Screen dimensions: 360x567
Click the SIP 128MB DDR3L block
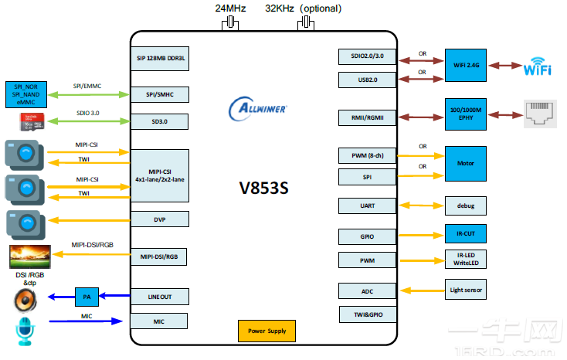click(159, 58)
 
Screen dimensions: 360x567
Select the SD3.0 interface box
click(159, 121)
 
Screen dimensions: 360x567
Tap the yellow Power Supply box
click(267, 331)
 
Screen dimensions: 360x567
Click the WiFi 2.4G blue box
click(466, 66)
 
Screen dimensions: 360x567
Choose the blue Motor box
click(466, 164)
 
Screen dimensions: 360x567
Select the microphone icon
click(25, 330)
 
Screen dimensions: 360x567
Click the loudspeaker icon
click(25, 298)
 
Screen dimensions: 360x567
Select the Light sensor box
click(466, 290)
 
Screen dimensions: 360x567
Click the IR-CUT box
click(466, 233)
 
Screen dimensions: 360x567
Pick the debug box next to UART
click(466, 205)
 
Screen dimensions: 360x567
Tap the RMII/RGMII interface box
click(368, 117)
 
